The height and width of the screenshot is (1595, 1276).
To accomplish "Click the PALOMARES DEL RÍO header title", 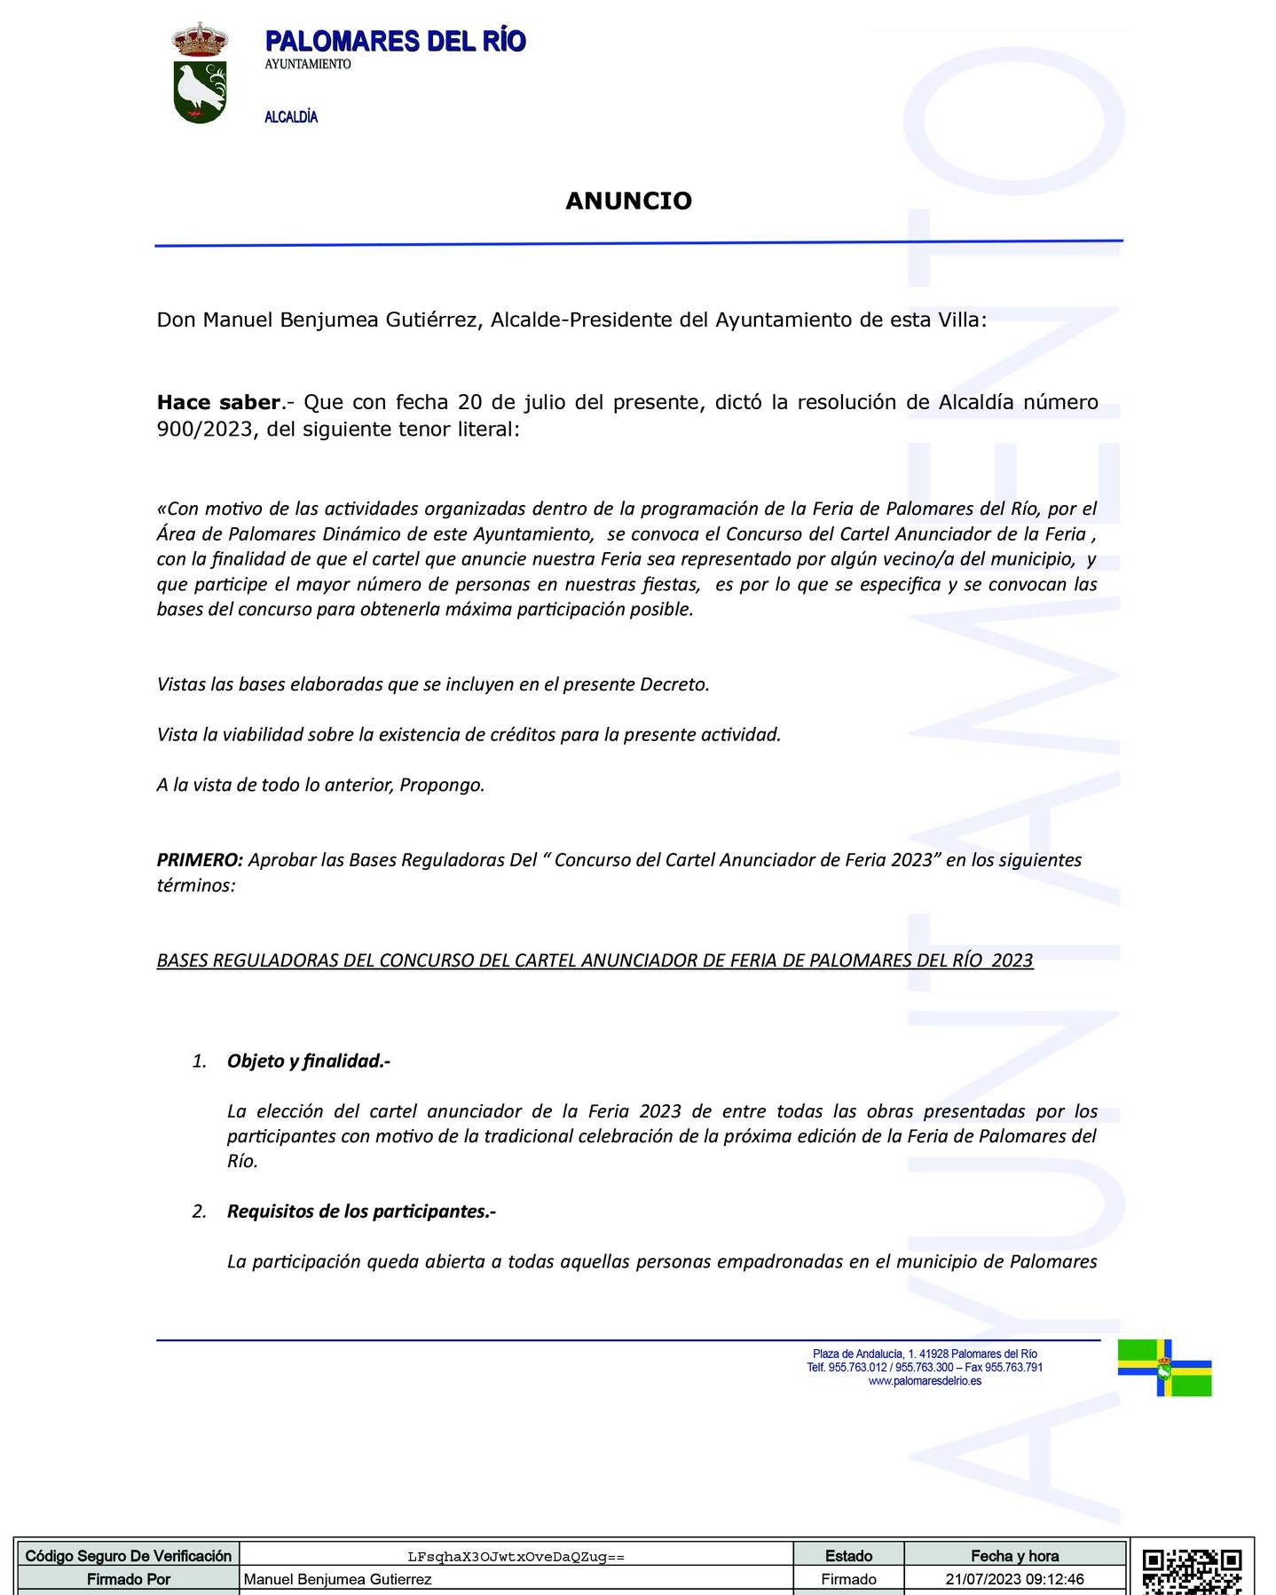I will coord(395,42).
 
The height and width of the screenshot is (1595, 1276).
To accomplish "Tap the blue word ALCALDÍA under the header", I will coord(291,117).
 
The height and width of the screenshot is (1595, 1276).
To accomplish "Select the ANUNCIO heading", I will coord(628,201).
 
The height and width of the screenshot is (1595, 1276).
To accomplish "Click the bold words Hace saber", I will coord(218,402).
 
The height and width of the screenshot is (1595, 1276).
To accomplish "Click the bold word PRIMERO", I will coord(200,860).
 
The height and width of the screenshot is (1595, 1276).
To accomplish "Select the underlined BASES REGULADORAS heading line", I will coord(595,960).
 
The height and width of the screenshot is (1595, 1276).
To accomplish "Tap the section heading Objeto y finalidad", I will coord(309,1061).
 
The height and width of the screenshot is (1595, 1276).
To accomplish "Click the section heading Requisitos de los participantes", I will coord(361,1212).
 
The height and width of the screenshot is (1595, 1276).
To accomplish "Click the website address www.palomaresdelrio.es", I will coord(925,1381).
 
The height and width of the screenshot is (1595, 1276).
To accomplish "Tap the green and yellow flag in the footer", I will coord(1164,1367).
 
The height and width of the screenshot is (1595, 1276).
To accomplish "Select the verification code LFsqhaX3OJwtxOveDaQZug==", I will coord(516,1557).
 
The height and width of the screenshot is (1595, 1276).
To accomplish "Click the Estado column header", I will coord(848,1556).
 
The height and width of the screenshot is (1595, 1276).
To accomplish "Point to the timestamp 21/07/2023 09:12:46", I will coord(1014,1579).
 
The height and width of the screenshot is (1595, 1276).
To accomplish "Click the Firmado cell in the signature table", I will coord(848,1579).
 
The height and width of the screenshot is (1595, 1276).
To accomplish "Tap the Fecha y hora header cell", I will coord(1014,1556).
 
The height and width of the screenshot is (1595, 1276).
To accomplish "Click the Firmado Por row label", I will coord(129,1579).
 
